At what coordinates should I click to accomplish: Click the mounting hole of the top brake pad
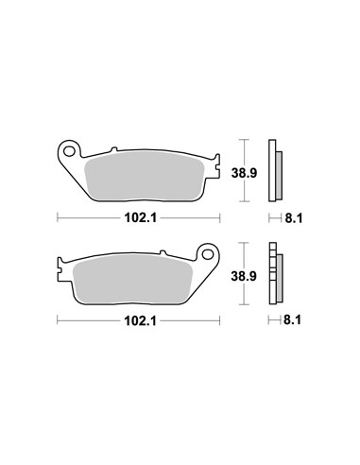(69, 149)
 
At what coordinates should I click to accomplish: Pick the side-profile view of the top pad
(277, 172)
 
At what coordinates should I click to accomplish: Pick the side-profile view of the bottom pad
(276, 276)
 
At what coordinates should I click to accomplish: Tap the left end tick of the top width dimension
(59, 217)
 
